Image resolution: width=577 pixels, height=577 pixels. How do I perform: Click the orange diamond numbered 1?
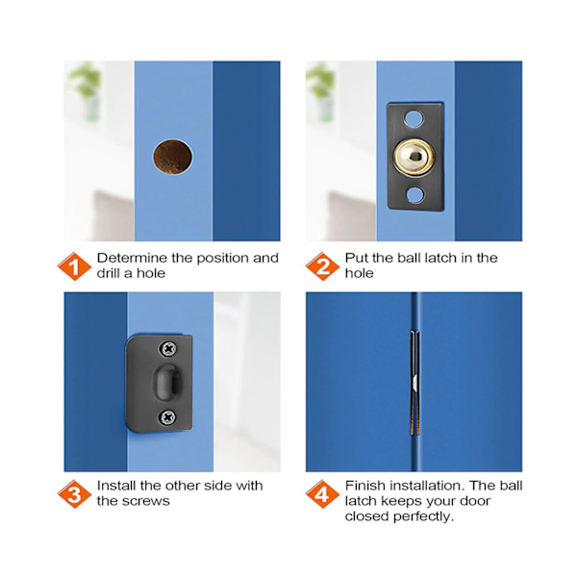[x=74, y=266]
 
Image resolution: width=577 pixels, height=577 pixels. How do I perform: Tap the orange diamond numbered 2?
[x=322, y=266]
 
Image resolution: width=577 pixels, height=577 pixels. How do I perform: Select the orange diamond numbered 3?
[x=74, y=494]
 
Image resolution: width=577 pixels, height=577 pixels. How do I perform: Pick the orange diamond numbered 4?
[x=322, y=494]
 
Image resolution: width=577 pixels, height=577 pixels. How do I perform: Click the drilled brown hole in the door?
[x=172, y=157]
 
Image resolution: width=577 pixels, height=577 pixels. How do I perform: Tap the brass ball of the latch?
[x=414, y=157]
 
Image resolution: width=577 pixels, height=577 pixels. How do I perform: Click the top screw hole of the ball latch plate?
[x=414, y=118]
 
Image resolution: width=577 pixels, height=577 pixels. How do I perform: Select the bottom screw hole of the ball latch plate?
[x=415, y=195]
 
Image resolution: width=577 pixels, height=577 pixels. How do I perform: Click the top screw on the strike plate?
[x=168, y=348]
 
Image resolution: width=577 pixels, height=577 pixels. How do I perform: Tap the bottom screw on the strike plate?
[x=167, y=417]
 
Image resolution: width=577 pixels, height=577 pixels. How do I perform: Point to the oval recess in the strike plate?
[x=166, y=383]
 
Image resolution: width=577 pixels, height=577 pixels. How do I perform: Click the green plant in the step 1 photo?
[x=85, y=81]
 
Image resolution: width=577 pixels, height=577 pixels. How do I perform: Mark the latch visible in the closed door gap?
[x=415, y=383]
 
